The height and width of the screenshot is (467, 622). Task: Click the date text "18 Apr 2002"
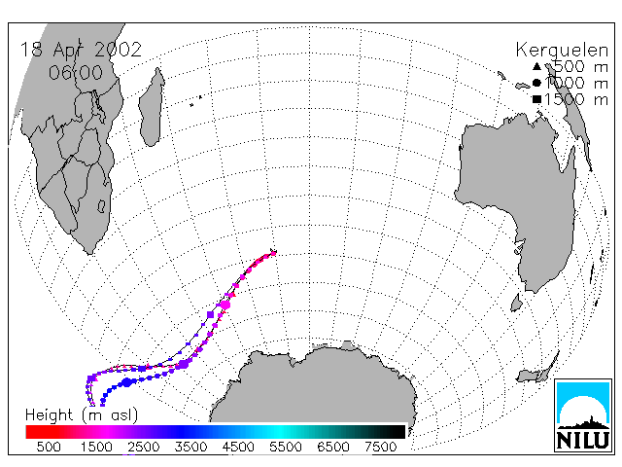point(81,50)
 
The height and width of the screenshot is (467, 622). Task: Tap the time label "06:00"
point(76,73)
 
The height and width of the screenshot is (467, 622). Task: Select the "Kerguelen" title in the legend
point(562,51)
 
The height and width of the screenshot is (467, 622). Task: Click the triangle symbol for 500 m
point(536,66)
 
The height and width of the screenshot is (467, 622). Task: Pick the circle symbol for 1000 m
point(536,83)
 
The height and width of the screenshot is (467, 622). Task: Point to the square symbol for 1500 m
point(536,99)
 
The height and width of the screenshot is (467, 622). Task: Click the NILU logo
point(583,415)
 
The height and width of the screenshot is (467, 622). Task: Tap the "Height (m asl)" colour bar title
point(82,415)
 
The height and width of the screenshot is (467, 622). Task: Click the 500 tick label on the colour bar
point(49,448)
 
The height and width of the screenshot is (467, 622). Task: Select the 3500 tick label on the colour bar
point(190,448)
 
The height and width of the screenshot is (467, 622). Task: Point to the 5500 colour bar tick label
point(286,448)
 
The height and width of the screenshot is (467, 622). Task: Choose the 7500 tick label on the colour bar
point(380,448)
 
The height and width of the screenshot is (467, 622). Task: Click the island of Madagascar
point(152,108)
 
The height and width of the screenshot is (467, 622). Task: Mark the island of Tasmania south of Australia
point(516,303)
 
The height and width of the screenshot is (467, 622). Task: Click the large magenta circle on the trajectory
point(225,305)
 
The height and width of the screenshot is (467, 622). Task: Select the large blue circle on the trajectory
point(127,382)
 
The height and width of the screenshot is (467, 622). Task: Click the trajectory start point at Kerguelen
point(274,252)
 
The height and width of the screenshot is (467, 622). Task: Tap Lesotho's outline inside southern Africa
point(101,206)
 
